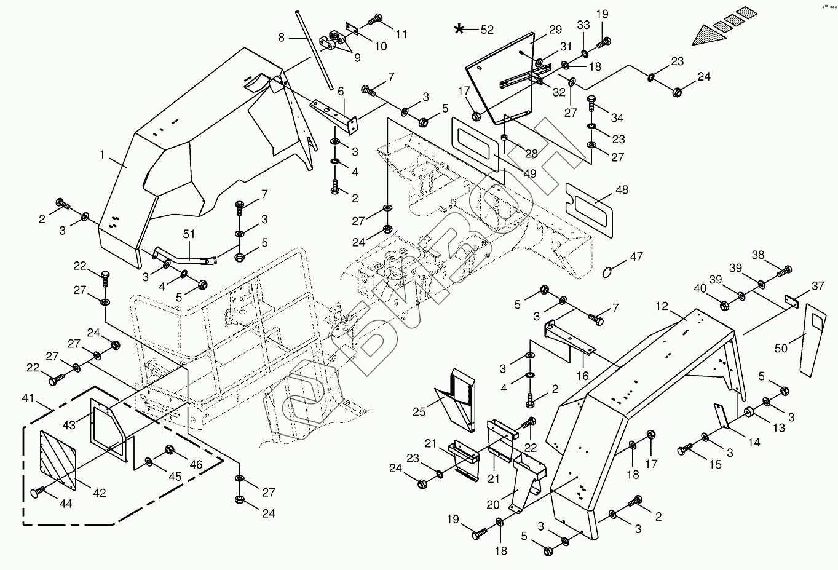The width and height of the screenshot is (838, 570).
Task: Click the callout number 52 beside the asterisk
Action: point(487,29)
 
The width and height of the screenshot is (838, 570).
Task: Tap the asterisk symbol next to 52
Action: point(459,29)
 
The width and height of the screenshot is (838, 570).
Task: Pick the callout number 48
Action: point(622,189)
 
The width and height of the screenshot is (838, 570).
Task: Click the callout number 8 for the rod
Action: point(282,37)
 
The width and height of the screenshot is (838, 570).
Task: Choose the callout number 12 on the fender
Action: point(661,306)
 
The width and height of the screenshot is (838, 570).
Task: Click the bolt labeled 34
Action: point(591,104)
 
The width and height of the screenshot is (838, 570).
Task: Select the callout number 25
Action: point(419,411)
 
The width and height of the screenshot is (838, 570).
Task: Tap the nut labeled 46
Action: point(170,450)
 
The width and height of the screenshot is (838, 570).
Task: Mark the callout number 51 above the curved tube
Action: point(189,234)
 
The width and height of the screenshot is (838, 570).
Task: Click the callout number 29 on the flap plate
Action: point(555,29)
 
